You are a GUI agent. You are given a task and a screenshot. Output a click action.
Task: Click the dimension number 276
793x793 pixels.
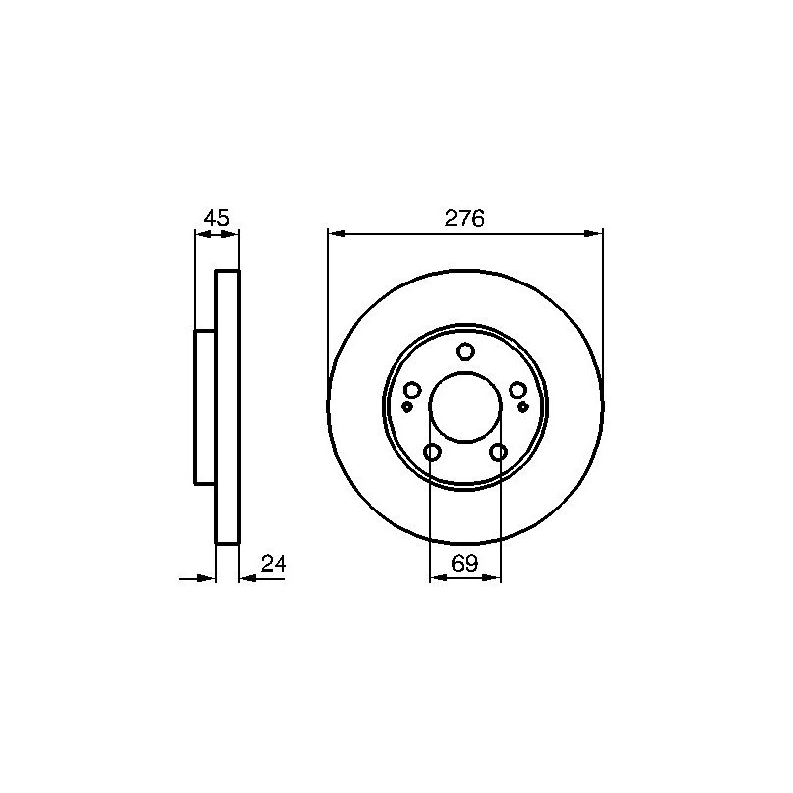click(464, 218)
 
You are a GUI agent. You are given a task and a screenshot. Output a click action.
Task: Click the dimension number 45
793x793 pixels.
click(216, 218)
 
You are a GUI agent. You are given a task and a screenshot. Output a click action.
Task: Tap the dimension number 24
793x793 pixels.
click(274, 564)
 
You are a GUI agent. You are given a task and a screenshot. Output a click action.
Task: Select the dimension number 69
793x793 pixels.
click(464, 564)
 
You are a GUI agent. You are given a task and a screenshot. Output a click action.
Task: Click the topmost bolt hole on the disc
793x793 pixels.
click(465, 351)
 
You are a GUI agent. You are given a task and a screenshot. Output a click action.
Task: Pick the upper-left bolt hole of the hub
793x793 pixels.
click(412, 390)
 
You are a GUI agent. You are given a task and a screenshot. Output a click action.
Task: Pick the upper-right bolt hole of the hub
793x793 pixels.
click(517, 390)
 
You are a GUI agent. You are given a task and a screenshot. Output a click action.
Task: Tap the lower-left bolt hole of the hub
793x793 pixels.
click(433, 452)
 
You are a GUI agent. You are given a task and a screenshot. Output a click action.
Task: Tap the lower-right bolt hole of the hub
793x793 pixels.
click(499, 452)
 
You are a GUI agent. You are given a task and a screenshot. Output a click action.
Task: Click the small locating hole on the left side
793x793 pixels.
click(406, 406)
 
